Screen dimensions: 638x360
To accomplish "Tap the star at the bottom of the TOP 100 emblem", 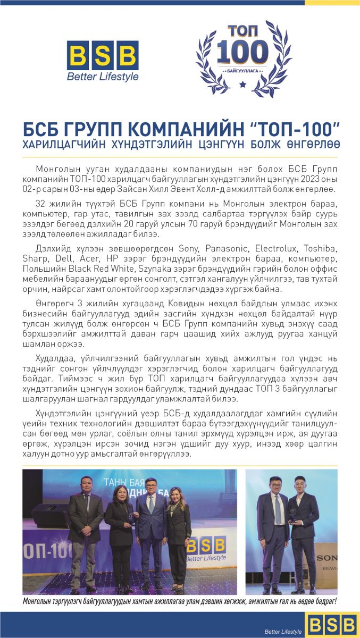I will coord(242,84).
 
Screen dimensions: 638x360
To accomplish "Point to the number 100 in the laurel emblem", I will coord(242,52).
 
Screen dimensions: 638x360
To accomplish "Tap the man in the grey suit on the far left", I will coord(85,532).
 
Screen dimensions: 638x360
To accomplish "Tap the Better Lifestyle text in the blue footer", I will coord(283,631).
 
